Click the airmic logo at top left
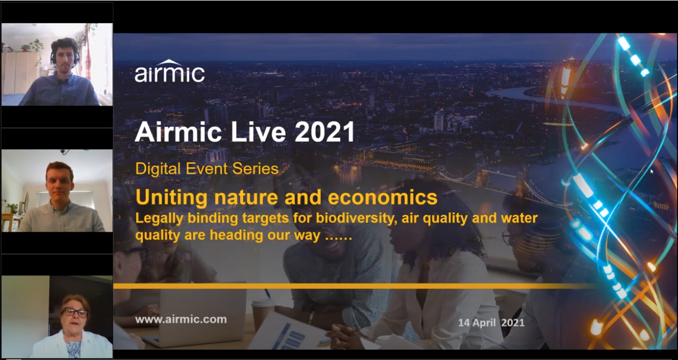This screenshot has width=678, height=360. click(169, 71)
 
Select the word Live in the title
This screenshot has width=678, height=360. click(258, 132)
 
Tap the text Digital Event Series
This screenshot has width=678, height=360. click(207, 169)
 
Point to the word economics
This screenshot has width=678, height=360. click(382, 197)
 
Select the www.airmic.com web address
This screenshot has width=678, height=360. click(181, 319)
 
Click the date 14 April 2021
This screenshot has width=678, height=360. click(491, 323)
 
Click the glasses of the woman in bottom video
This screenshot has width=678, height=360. click(75, 312)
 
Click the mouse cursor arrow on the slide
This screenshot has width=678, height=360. click(651, 171)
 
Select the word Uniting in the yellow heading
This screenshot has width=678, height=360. click(171, 197)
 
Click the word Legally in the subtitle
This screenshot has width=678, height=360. click(159, 218)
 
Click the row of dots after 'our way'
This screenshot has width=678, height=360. click(338, 239)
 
